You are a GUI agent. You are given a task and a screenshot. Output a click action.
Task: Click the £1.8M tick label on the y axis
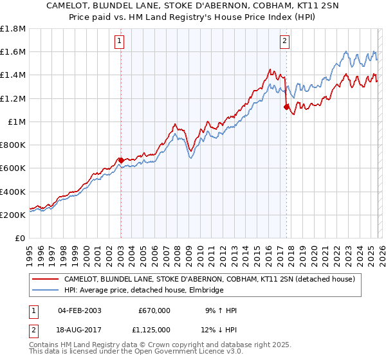pyautogui.click(x=13, y=28)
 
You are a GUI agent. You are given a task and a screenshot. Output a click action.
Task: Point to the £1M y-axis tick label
pyautogui.click(x=16, y=122)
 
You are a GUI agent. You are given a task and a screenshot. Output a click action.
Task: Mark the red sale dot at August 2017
pyautogui.click(x=286, y=107)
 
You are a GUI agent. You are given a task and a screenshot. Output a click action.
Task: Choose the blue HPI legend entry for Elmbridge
pyautogui.click(x=143, y=291)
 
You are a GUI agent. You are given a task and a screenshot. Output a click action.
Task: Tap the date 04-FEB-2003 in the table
pyautogui.click(x=79, y=310)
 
